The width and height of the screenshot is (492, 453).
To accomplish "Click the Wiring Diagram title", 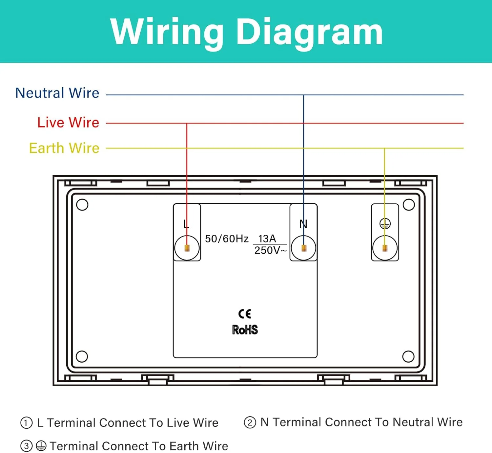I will (x=246, y=32).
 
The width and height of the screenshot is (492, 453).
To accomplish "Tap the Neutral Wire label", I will (x=57, y=93).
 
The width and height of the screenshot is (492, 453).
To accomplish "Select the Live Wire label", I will (x=68, y=123).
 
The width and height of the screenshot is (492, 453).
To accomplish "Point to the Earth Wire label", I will (x=64, y=148).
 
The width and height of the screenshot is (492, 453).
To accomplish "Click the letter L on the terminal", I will (x=186, y=224).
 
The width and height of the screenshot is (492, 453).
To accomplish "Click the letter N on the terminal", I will (x=303, y=224).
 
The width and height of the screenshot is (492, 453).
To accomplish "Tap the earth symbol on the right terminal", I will (x=385, y=224).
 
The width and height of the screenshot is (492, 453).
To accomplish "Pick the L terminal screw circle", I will (x=187, y=248).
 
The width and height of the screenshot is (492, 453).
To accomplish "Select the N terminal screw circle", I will (x=303, y=248).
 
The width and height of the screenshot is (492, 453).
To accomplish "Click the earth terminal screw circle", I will (x=385, y=248).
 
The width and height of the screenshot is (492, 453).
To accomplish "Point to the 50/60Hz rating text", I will (x=227, y=239).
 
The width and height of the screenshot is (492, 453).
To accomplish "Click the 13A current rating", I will (x=267, y=238).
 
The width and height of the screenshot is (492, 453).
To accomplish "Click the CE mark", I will (x=245, y=314).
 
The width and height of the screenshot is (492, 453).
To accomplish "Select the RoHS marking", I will (x=245, y=330).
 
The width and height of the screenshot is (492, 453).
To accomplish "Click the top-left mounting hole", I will (x=82, y=205).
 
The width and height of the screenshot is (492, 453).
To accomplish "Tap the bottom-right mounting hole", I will (x=408, y=356).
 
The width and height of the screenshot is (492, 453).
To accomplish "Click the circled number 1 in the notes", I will (x=26, y=423).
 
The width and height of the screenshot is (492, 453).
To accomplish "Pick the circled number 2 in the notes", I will (x=250, y=422).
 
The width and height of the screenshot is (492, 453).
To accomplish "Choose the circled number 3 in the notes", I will (x=26, y=446).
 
